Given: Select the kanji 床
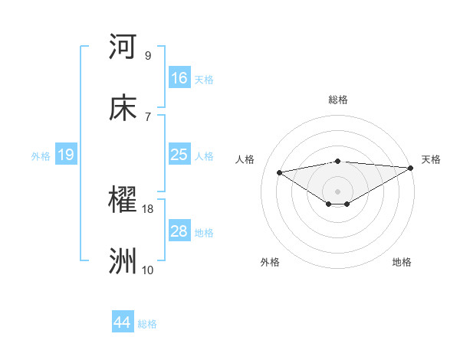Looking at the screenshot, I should click(123, 108).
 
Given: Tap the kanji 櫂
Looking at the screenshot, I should click(123, 201).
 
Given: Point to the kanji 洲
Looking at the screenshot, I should click(123, 261).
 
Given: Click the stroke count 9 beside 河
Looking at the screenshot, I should click(147, 55).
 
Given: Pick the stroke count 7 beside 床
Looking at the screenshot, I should click(147, 116).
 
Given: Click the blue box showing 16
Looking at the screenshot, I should click(179, 77).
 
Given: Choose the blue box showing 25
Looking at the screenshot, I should click(179, 155).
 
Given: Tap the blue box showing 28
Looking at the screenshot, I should click(179, 231).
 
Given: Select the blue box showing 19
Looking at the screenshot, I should click(65, 155).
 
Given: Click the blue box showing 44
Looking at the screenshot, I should click(123, 322).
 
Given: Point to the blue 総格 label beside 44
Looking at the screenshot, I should click(148, 324).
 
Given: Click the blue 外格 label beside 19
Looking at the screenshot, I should click(41, 156).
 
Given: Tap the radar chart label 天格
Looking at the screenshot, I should click(431, 159).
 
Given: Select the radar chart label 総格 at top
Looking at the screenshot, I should click(337, 100).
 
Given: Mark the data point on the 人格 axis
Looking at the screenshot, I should click(280, 172).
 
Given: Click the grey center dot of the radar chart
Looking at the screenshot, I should click(337, 191).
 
